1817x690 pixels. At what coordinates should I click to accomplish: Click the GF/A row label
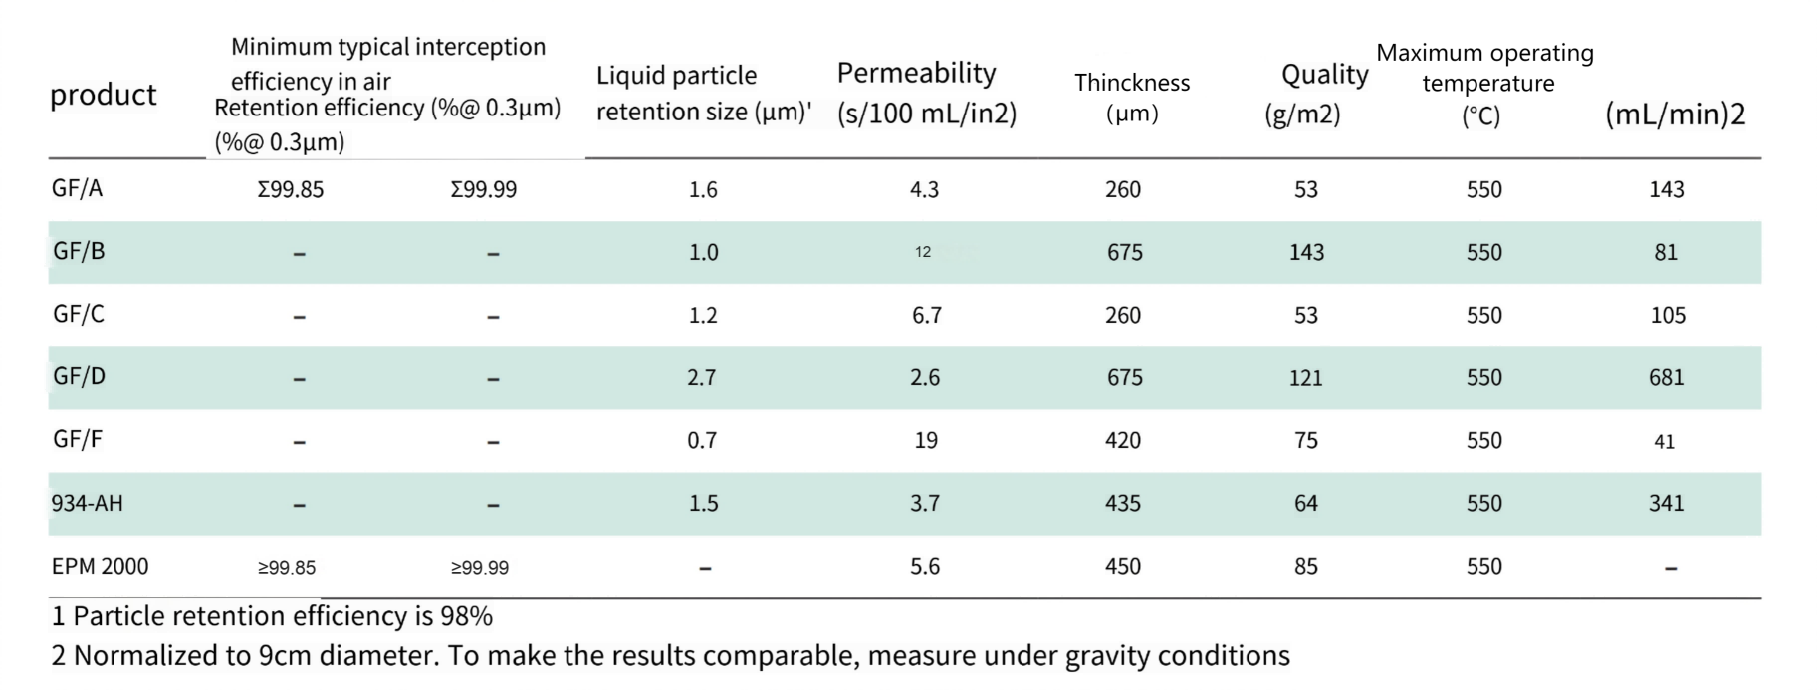pyautogui.click(x=77, y=188)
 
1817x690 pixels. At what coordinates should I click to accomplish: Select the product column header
pyautogui.click(x=103, y=95)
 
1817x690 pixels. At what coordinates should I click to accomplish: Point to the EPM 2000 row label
pyautogui.click(x=100, y=566)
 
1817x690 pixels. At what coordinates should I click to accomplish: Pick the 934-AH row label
pyautogui.click(x=87, y=503)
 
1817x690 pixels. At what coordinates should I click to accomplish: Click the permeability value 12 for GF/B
pyautogui.click(x=923, y=252)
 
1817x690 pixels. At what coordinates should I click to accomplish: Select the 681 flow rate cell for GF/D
pyautogui.click(x=1666, y=377)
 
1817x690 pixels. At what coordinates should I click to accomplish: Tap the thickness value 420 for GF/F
pyautogui.click(x=1123, y=440)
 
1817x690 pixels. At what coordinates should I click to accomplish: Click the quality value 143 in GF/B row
pyautogui.click(x=1306, y=252)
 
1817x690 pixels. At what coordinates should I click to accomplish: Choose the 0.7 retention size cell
pyautogui.click(x=702, y=440)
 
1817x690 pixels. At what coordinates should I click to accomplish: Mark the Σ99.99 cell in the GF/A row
pyautogui.click(x=484, y=189)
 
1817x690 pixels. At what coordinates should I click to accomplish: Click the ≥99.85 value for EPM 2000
pyautogui.click(x=287, y=568)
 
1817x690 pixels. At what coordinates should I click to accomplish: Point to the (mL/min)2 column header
pyautogui.click(x=1676, y=115)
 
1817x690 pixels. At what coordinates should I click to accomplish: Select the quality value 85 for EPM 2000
pyautogui.click(x=1306, y=566)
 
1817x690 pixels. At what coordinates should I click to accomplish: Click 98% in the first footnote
pyautogui.click(x=467, y=616)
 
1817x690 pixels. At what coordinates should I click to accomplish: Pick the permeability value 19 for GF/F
pyautogui.click(x=926, y=440)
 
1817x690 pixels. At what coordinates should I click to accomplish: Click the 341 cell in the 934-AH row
pyautogui.click(x=1666, y=503)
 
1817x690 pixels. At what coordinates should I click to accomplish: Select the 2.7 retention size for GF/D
pyautogui.click(x=702, y=377)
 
